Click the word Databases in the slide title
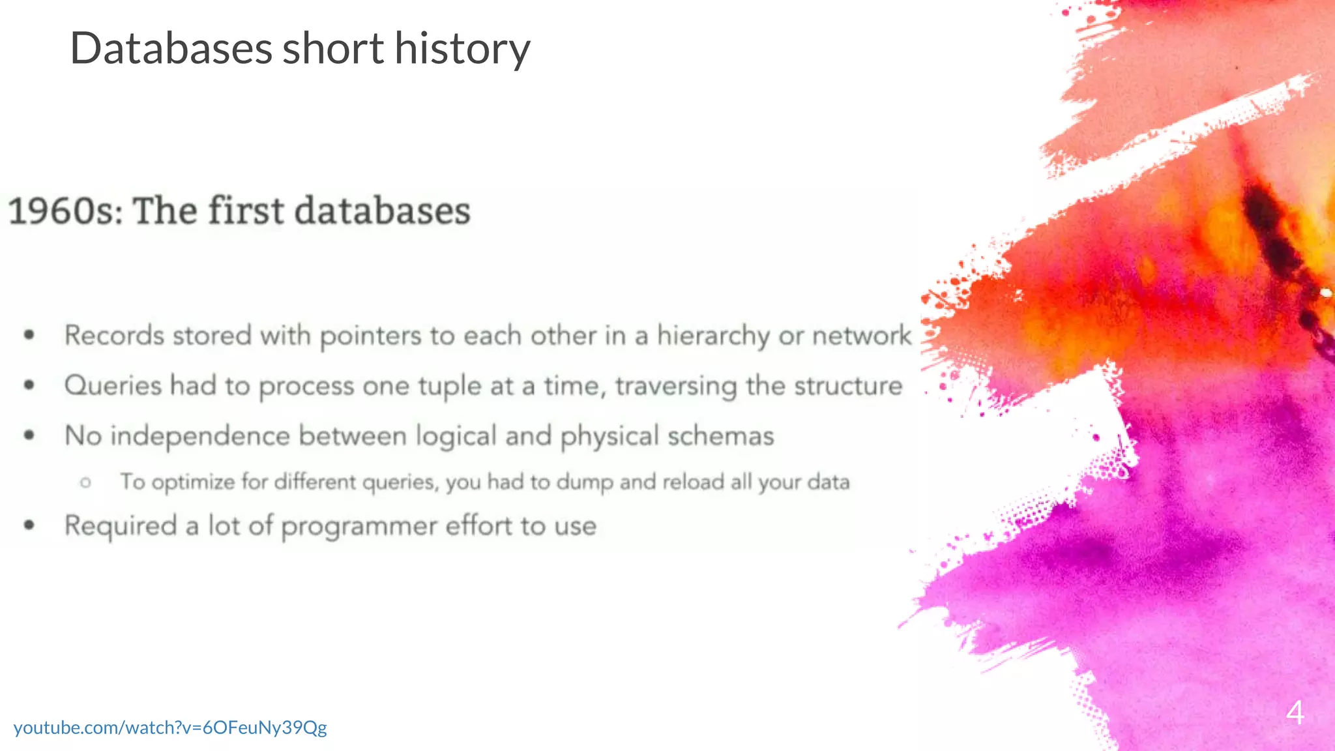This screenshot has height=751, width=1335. (171, 49)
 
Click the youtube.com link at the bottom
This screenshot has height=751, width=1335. (170, 727)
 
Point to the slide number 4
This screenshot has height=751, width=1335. (1295, 713)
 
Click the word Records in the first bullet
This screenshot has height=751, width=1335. (115, 336)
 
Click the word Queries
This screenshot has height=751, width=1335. (113, 386)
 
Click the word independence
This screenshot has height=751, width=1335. (199, 436)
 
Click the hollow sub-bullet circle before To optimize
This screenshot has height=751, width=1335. (85, 483)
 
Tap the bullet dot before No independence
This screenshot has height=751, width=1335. (29, 435)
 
